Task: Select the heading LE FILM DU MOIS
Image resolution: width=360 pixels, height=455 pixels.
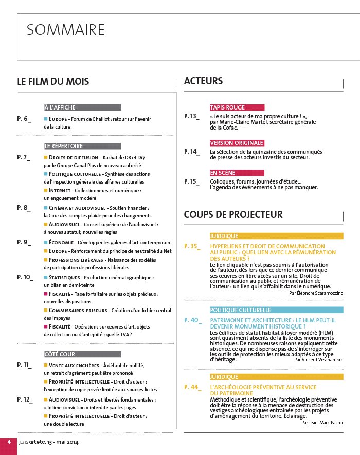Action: [53, 82]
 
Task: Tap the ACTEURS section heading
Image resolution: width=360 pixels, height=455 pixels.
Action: [203, 81]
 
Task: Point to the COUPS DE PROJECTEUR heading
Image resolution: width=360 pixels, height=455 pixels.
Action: [233, 214]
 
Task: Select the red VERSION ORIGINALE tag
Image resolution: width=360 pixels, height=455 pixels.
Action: [237, 143]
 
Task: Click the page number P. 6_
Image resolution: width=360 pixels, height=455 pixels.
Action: [24, 119]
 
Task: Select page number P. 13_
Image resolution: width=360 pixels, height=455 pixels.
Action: [191, 117]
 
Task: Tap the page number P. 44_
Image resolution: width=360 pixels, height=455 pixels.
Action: [192, 387]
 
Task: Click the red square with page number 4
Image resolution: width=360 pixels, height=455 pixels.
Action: [8, 442]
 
